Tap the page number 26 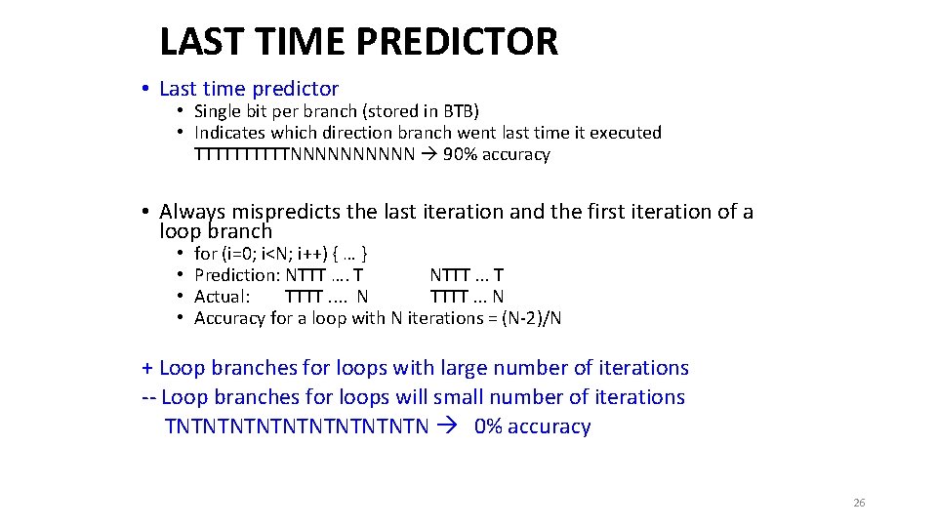click(x=859, y=503)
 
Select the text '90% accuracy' click(x=496, y=154)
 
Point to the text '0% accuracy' click(x=532, y=426)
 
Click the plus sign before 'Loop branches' click(x=147, y=368)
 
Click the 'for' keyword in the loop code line click(x=205, y=254)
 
